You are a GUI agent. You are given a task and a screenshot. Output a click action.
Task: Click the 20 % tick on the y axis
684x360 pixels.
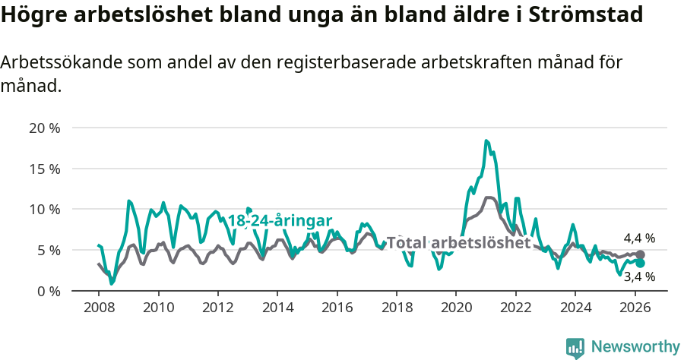pos(45,128)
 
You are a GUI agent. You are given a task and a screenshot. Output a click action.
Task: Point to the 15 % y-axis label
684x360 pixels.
pos(45,169)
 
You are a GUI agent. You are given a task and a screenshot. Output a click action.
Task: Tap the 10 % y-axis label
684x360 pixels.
pos(45,209)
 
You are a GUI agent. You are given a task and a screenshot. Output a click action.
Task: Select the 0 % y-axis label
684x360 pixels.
pos(48,291)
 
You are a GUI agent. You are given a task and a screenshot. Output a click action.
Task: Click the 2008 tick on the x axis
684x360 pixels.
pos(99,308)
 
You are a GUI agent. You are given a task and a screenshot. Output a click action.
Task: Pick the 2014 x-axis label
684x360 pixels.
pos(277,308)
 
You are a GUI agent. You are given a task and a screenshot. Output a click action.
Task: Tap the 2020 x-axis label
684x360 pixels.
pos(456,308)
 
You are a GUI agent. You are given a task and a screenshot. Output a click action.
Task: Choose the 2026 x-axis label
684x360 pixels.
pos(635,308)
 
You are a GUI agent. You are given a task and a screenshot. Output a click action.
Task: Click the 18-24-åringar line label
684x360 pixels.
pos(280,221)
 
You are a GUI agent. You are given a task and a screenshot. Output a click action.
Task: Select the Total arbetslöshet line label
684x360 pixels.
pos(458,243)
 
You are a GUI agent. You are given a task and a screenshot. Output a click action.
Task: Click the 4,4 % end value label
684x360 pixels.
pos(639,238)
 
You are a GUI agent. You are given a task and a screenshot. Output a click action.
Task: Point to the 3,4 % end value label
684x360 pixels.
pos(639,277)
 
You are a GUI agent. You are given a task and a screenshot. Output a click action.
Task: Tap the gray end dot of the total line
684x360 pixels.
pos(640,255)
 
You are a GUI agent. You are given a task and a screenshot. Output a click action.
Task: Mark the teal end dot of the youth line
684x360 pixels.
pos(640,263)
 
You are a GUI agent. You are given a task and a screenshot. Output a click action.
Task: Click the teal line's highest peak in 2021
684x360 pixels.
pos(486,141)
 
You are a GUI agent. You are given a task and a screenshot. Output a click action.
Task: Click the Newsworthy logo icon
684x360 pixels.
pos(575,347)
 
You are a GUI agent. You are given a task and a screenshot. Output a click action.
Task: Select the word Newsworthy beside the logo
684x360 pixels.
pos(635,347)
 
